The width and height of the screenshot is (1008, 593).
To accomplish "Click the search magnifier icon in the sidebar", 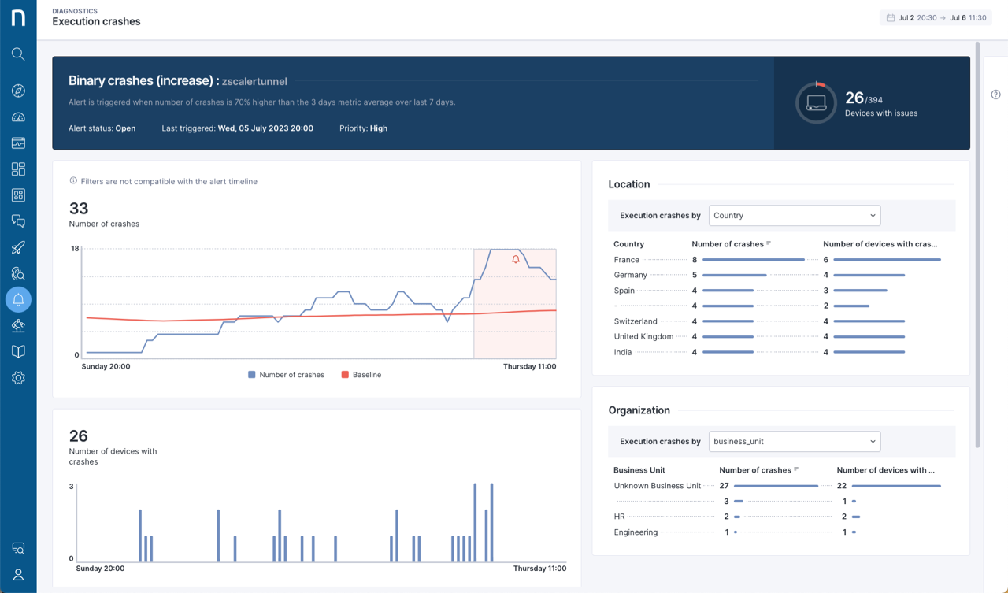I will (x=18, y=54).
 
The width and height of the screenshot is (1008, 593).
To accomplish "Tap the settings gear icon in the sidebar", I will (x=18, y=378).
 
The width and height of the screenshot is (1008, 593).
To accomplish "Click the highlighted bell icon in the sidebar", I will (x=18, y=299).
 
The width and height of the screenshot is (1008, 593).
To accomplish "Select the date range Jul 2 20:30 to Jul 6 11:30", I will (x=936, y=17).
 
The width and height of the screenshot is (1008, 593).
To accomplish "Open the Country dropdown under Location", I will (x=795, y=215).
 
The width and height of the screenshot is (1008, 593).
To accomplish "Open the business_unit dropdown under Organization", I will (x=795, y=441).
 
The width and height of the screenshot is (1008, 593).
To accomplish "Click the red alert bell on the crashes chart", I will (x=516, y=259).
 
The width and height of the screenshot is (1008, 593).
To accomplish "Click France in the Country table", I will (x=627, y=260).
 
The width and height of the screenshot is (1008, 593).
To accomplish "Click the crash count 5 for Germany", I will (x=695, y=275).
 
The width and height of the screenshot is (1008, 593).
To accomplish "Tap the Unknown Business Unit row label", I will (x=657, y=486).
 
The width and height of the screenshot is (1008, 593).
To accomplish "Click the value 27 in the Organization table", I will (x=724, y=486).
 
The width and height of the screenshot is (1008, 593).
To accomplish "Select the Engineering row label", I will (x=636, y=532).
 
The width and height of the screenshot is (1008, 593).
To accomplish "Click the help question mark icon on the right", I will (x=995, y=95).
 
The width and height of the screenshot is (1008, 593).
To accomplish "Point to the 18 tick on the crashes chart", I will (x=76, y=249).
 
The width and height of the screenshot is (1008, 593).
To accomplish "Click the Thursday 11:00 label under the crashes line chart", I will (x=529, y=366).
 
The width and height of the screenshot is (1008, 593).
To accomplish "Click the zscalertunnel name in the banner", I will (x=254, y=81).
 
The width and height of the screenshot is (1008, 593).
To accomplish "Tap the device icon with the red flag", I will (x=816, y=102).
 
